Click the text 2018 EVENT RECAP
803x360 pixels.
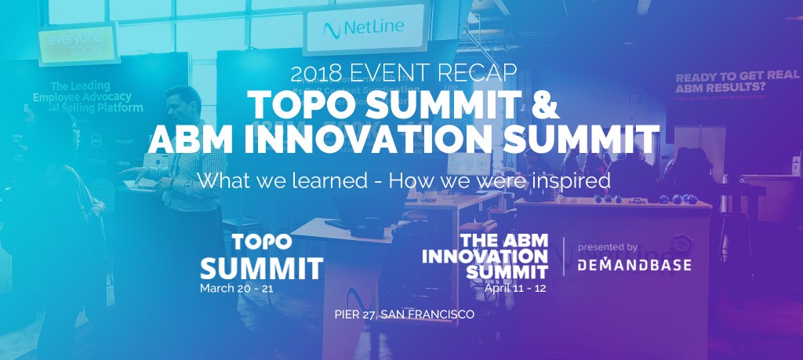[403, 74]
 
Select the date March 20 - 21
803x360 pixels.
[236, 288]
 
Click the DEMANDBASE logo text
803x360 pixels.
[634, 265]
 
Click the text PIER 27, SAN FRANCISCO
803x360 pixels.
[403, 316]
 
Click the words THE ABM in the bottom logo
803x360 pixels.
[504, 240]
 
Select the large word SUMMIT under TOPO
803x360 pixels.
[261, 267]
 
